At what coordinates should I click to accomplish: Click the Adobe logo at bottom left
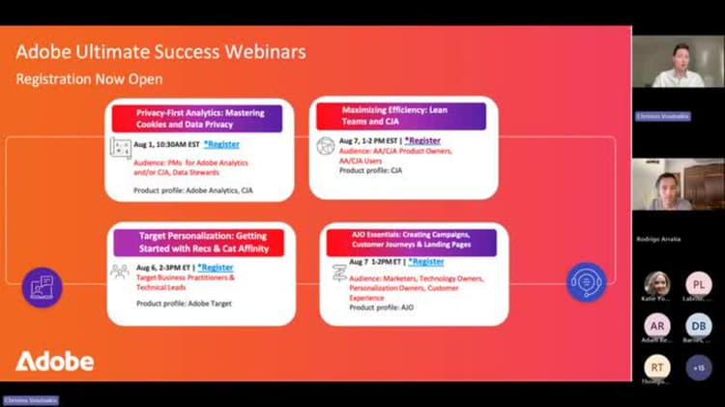click(x=55, y=362)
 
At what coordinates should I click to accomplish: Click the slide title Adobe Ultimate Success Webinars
click(x=161, y=51)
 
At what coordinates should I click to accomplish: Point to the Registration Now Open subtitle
click(x=89, y=79)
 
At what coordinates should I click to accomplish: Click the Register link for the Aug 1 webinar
click(x=221, y=144)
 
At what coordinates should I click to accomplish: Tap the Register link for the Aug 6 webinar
click(x=215, y=267)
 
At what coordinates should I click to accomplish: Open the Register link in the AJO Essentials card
click(x=425, y=261)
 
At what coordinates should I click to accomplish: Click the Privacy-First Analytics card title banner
click(x=197, y=118)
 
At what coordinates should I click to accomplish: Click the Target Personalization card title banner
click(x=198, y=242)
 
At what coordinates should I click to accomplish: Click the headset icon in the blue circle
click(x=586, y=282)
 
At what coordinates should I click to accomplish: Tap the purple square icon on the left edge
click(x=42, y=286)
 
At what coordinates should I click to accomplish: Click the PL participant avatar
click(x=699, y=284)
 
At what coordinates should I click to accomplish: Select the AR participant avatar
click(x=657, y=326)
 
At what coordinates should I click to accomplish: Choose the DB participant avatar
click(x=699, y=326)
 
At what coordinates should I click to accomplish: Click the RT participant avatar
click(x=657, y=366)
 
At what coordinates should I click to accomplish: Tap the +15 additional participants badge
click(x=699, y=366)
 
